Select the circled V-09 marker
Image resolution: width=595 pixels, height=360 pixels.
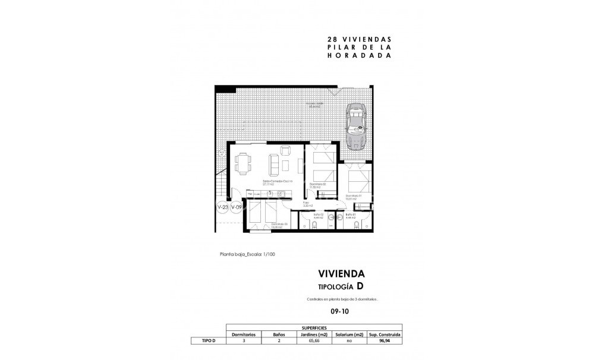237,207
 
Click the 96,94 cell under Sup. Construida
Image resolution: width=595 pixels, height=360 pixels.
384,341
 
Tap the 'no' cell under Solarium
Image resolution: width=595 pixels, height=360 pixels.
349,341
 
